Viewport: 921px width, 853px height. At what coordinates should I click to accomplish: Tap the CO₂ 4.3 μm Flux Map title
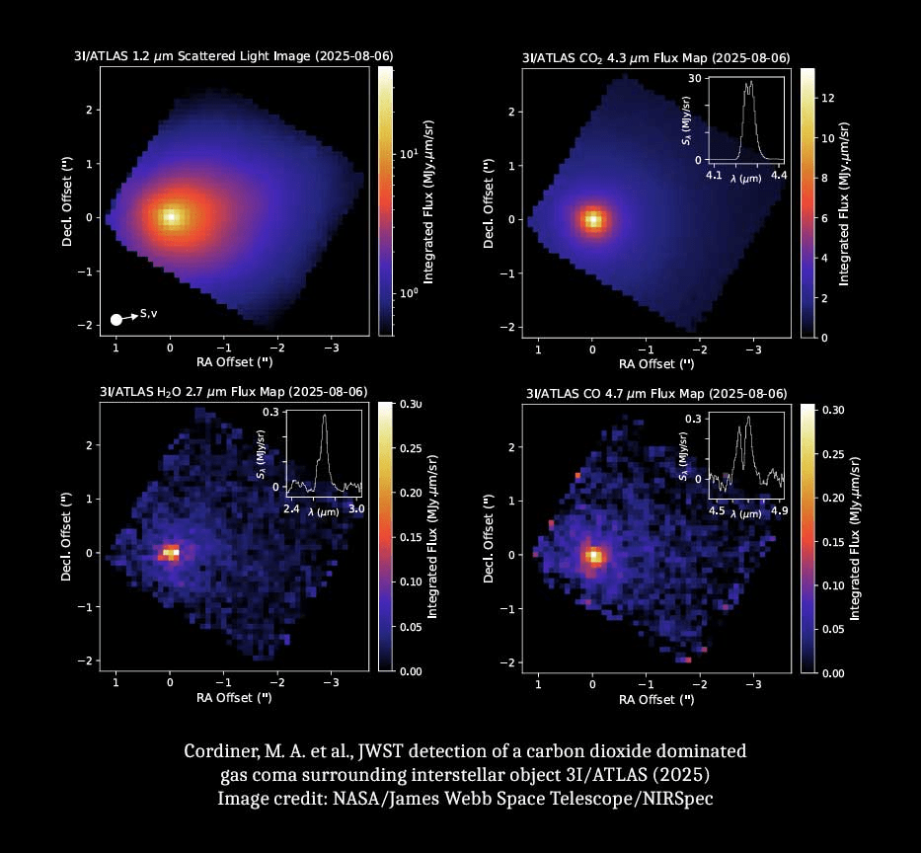[x=655, y=57]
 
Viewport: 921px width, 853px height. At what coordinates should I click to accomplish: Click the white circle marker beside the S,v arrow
[x=116, y=319]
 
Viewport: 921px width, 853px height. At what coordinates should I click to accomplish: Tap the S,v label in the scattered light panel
[x=149, y=313]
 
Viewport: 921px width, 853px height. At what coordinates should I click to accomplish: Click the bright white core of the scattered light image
[x=171, y=216]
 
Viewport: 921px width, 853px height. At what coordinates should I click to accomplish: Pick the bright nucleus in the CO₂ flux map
[x=592, y=219]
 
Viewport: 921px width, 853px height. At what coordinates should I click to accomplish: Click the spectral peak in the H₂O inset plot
[x=324, y=416]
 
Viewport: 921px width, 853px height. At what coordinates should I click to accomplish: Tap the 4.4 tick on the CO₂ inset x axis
[x=779, y=175]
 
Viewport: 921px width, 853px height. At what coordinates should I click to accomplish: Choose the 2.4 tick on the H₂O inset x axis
[x=291, y=508]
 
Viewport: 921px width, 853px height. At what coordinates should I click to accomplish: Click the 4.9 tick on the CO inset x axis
[x=779, y=510]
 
